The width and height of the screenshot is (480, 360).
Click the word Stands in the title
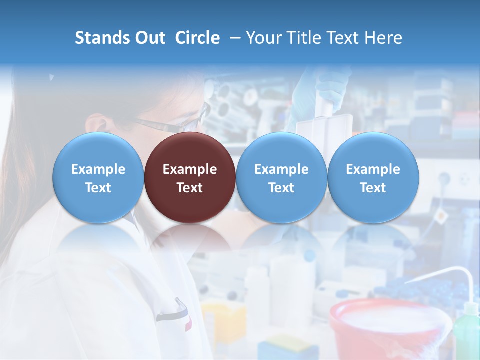pos(101,38)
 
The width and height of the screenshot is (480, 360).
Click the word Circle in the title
pos(197,38)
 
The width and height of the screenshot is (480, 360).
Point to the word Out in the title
pos(149,38)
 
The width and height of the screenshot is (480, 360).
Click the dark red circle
pos(190,177)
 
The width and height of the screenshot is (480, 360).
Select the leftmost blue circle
pos(98,177)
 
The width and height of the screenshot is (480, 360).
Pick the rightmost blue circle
pos(373,177)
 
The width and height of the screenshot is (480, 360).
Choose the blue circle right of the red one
pos(281,177)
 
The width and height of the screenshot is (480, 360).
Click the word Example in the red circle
pos(190,169)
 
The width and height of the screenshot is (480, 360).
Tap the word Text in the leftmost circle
pos(98,188)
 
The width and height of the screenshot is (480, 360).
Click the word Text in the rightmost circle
pos(373,188)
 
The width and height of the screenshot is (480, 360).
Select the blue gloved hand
pos(320,90)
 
